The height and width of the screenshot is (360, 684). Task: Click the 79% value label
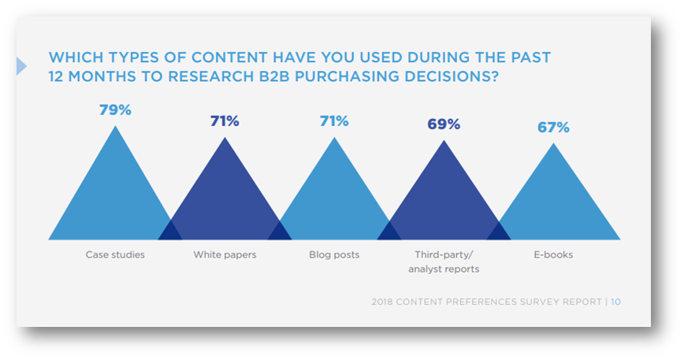[x=115, y=109]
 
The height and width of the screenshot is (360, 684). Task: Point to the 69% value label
[x=444, y=124]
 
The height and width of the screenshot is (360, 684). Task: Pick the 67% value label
[x=553, y=127]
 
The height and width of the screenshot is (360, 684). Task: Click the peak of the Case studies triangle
[x=116, y=128]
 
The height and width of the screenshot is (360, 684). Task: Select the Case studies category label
[x=115, y=255]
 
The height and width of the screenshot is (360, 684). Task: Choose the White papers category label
[x=225, y=255]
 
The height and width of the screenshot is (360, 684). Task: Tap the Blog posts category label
[x=334, y=255]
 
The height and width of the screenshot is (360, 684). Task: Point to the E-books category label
[x=553, y=255]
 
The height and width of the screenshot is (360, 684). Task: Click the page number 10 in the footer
[x=615, y=302]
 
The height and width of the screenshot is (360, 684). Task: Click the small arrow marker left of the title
[x=21, y=67]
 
